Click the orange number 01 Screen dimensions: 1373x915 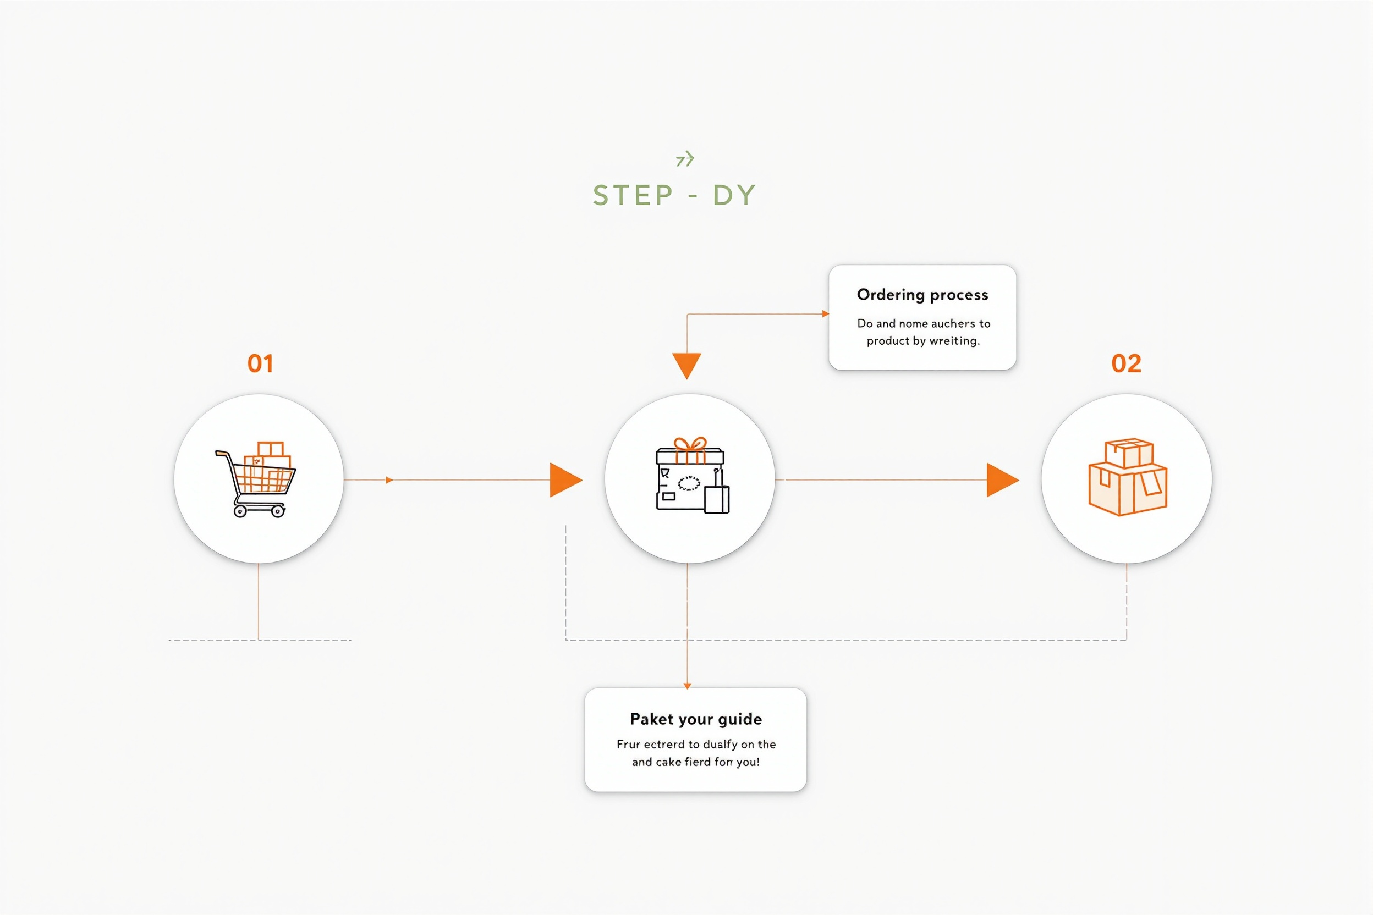[260, 363]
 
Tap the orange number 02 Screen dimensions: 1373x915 [1126, 363]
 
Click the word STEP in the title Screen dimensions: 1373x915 [633, 195]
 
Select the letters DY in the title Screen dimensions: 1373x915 [734, 195]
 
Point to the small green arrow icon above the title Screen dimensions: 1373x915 [685, 159]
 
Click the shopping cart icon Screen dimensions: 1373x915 [256, 479]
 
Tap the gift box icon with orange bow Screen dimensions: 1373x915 [693, 476]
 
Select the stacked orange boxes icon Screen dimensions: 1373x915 [1128, 477]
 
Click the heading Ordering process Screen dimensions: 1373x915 [922, 295]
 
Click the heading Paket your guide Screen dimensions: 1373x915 [696, 719]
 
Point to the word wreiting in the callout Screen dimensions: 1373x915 [954, 341]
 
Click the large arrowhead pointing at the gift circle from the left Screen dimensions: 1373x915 [565, 480]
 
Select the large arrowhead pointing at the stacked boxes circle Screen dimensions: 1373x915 [1002, 480]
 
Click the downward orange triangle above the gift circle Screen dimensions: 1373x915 [687, 366]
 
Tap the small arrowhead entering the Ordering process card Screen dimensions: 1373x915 [826, 314]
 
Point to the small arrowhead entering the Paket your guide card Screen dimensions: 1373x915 [687, 686]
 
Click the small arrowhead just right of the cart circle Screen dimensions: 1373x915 [389, 480]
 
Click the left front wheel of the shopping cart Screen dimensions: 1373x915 [240, 512]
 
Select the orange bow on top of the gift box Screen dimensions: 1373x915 [690, 444]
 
